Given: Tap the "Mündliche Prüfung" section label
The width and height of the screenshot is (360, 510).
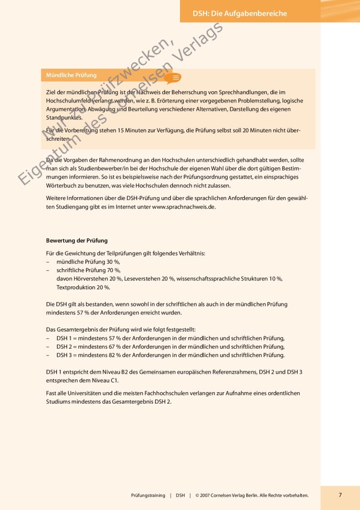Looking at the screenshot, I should click(x=71, y=76).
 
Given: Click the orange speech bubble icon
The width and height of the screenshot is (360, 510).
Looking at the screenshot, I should click(x=173, y=77).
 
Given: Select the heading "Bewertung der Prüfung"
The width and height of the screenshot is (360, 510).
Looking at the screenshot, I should click(x=77, y=241).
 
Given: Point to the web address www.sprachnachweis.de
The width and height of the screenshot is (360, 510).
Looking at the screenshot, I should click(x=184, y=207).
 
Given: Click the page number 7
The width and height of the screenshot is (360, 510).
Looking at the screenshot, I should click(x=340, y=495).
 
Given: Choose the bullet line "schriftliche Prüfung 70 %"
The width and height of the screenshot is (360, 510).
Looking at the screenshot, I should click(x=88, y=270).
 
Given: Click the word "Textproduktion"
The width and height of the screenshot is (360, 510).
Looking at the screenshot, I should click(x=76, y=287).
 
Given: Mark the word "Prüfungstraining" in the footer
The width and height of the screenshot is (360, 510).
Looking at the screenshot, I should click(x=148, y=495).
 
